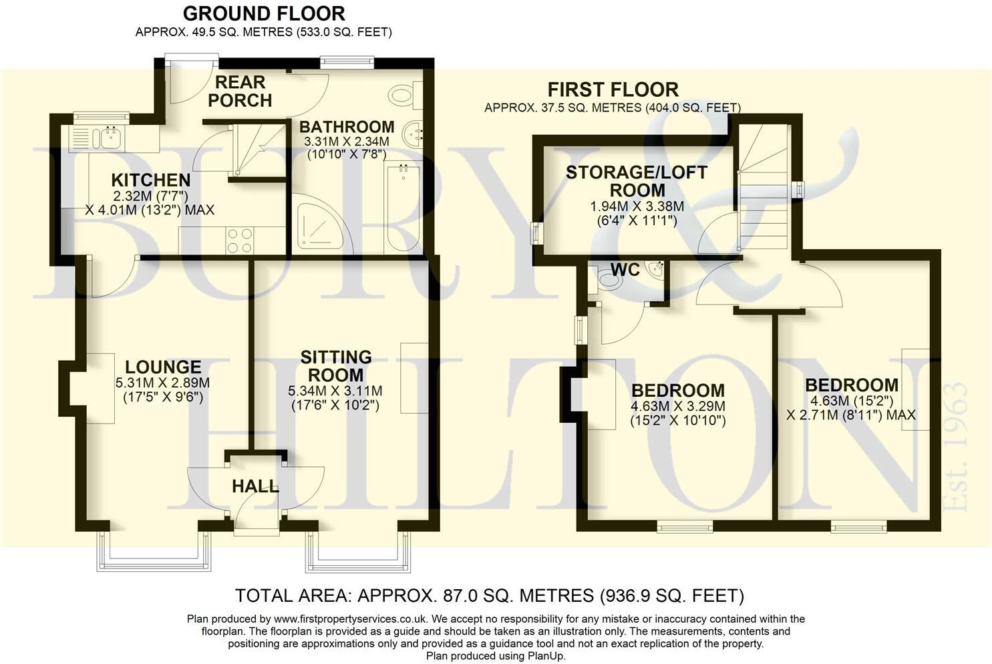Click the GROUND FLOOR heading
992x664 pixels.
263,13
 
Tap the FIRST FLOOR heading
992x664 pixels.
613,90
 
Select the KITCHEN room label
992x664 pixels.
151,180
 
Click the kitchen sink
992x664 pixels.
106,139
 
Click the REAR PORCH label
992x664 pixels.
239,92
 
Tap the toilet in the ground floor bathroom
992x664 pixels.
403,95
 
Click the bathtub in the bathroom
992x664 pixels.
403,207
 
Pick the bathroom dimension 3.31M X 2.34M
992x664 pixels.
346,142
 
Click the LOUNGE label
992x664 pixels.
163,367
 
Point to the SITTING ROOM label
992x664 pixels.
335,366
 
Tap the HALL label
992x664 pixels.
255,486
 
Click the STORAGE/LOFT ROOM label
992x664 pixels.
636,181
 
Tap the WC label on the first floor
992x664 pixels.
625,270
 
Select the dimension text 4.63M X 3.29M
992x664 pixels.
678,406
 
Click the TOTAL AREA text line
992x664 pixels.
490,595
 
